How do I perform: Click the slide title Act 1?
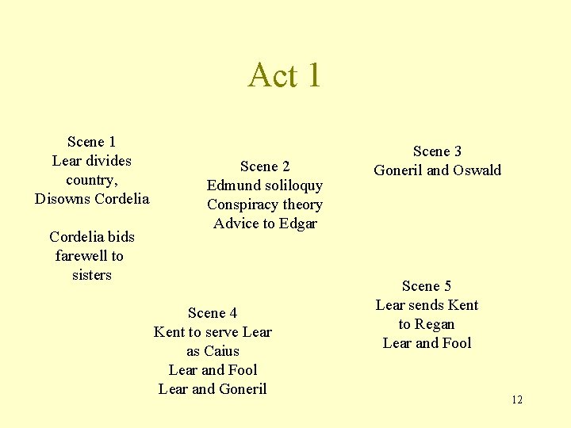[x=285, y=75]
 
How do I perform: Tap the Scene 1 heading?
[x=92, y=142]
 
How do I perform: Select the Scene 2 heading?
[x=265, y=166]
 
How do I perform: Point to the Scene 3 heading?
[x=437, y=151]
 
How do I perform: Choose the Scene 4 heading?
[x=213, y=313]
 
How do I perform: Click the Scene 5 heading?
[x=427, y=286]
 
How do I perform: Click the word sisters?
[x=92, y=275]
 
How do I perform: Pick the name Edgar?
[x=297, y=224]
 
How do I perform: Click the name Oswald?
[x=477, y=170]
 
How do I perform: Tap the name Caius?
[x=222, y=351]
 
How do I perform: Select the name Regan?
[x=435, y=324]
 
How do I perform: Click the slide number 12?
[x=517, y=399]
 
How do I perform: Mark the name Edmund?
[x=233, y=185]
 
